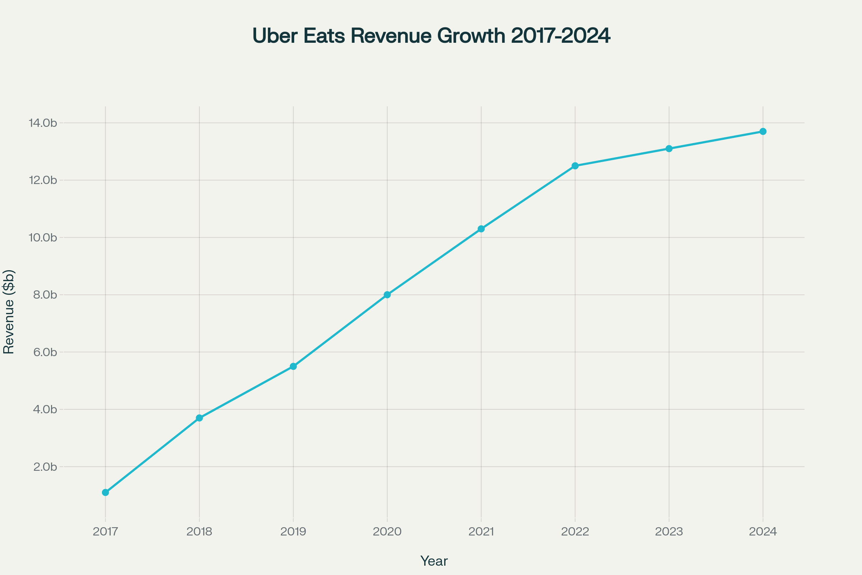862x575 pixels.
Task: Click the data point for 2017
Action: point(106,492)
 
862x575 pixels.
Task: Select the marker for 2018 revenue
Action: point(199,418)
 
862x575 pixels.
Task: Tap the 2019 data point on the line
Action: point(293,366)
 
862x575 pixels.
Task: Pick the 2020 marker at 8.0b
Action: point(388,295)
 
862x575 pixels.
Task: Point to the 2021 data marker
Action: point(481,229)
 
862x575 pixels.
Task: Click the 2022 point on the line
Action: point(575,166)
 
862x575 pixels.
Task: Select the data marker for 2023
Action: point(669,148)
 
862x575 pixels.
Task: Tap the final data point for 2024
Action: point(763,131)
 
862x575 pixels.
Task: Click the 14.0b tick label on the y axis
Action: point(43,123)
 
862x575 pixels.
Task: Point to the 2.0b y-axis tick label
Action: point(45,467)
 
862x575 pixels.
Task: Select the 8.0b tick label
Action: point(45,295)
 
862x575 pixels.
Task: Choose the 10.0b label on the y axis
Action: point(43,238)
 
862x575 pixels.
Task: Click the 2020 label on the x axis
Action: point(388,532)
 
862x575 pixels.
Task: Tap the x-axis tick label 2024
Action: point(763,532)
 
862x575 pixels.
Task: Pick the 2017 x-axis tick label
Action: point(106,532)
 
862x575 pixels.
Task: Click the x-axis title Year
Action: point(434,561)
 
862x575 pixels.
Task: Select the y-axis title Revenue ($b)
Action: point(9,312)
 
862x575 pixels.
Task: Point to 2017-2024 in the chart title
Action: point(561,36)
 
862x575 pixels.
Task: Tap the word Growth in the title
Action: point(471,36)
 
